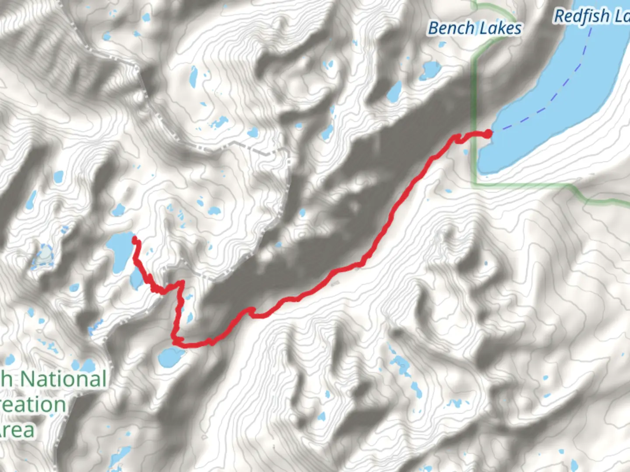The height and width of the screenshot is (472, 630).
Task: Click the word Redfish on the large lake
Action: [x=582, y=17]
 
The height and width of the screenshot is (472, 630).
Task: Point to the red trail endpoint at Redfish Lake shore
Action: [x=487, y=134]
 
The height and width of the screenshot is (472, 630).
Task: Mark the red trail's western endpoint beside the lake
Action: [x=134, y=239]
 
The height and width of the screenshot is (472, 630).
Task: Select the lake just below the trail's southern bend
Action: [x=171, y=356]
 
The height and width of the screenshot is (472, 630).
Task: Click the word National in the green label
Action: [x=63, y=378]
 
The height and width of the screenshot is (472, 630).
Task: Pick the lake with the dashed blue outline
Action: [x=44, y=256]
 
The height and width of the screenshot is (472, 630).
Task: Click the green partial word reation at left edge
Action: [x=33, y=405]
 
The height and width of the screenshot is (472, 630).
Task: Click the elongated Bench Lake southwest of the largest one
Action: [x=394, y=91]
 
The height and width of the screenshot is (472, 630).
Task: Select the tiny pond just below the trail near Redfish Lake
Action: [x=465, y=152]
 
